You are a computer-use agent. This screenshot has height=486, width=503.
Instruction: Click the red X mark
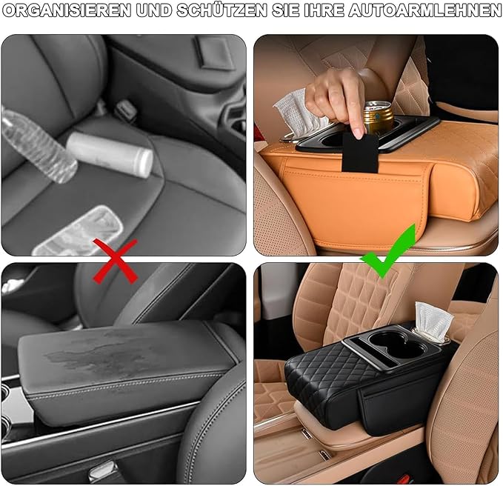116,262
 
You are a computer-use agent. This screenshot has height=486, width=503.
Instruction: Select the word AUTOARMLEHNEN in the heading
424,10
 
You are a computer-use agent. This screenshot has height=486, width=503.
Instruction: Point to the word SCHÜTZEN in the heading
222,10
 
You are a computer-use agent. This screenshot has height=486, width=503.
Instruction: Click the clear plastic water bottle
38,145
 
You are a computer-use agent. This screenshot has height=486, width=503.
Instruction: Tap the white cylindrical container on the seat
110,154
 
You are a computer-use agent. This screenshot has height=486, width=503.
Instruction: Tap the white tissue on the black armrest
433,322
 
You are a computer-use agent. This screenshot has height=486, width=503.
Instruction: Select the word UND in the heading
154,10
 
